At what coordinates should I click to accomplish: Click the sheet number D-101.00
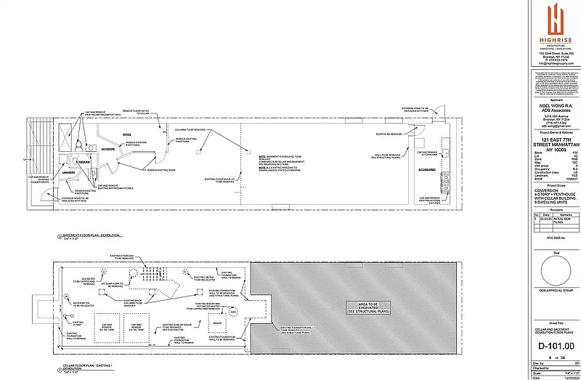pyautogui.click(x=553, y=347)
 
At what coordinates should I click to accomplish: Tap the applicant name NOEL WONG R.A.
pyautogui.click(x=553, y=105)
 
